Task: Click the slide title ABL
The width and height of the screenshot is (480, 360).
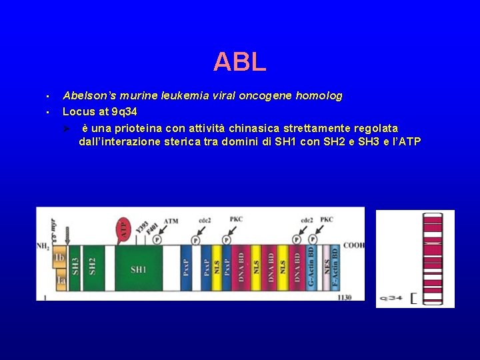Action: tap(240, 62)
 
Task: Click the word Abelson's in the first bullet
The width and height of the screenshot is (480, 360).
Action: tap(86, 96)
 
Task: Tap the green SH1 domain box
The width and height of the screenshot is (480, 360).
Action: tap(139, 269)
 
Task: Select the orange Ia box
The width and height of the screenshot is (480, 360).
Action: tap(60, 282)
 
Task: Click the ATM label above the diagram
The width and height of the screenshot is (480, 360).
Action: tap(171, 221)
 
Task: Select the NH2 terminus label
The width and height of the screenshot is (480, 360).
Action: tap(43, 246)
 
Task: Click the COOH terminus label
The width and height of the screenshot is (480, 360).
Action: tap(354, 245)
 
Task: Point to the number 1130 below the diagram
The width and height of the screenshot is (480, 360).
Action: tap(344, 297)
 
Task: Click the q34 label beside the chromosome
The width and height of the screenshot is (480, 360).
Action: tap(390, 297)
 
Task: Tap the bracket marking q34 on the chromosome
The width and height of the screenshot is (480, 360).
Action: tap(413, 297)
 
